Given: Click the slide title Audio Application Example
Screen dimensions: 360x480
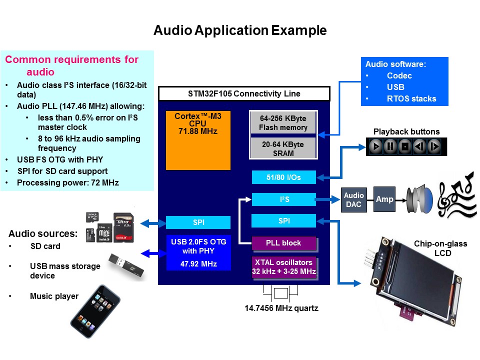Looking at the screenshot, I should tap(240, 30).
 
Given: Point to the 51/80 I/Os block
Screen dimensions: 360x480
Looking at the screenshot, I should tap(283, 177).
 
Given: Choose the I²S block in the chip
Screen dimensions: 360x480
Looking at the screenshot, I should tap(283, 199).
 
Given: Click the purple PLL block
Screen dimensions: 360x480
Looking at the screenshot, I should tap(283, 243).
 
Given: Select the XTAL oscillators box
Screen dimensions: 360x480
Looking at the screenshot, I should tap(283, 267).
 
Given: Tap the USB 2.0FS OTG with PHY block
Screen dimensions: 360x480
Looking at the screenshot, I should tap(198, 253).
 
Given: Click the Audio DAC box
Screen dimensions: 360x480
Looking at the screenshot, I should tap(354, 199).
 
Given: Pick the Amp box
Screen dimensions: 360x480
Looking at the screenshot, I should tap(384, 199).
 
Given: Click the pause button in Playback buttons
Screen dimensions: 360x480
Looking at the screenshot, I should tap(390, 147).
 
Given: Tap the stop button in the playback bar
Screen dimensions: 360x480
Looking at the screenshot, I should tap(405, 147).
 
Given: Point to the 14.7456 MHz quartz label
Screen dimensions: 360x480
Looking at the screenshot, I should tap(281, 308).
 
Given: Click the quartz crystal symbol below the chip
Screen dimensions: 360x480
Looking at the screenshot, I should tap(281, 293).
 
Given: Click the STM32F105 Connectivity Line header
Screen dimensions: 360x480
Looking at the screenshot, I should tap(243, 94).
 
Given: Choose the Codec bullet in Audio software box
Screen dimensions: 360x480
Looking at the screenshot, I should tap(399, 75).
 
